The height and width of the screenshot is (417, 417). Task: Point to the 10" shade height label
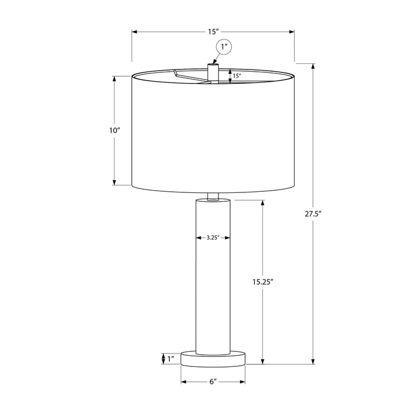point(115,131)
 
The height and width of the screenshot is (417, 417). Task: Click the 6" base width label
point(213,382)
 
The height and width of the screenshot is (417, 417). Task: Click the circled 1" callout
point(224,48)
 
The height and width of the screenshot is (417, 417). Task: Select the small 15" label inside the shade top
point(237,76)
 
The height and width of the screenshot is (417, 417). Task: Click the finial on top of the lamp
point(212,72)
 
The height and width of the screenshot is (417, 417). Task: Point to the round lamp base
point(213,358)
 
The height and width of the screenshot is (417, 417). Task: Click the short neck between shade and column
point(212,196)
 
